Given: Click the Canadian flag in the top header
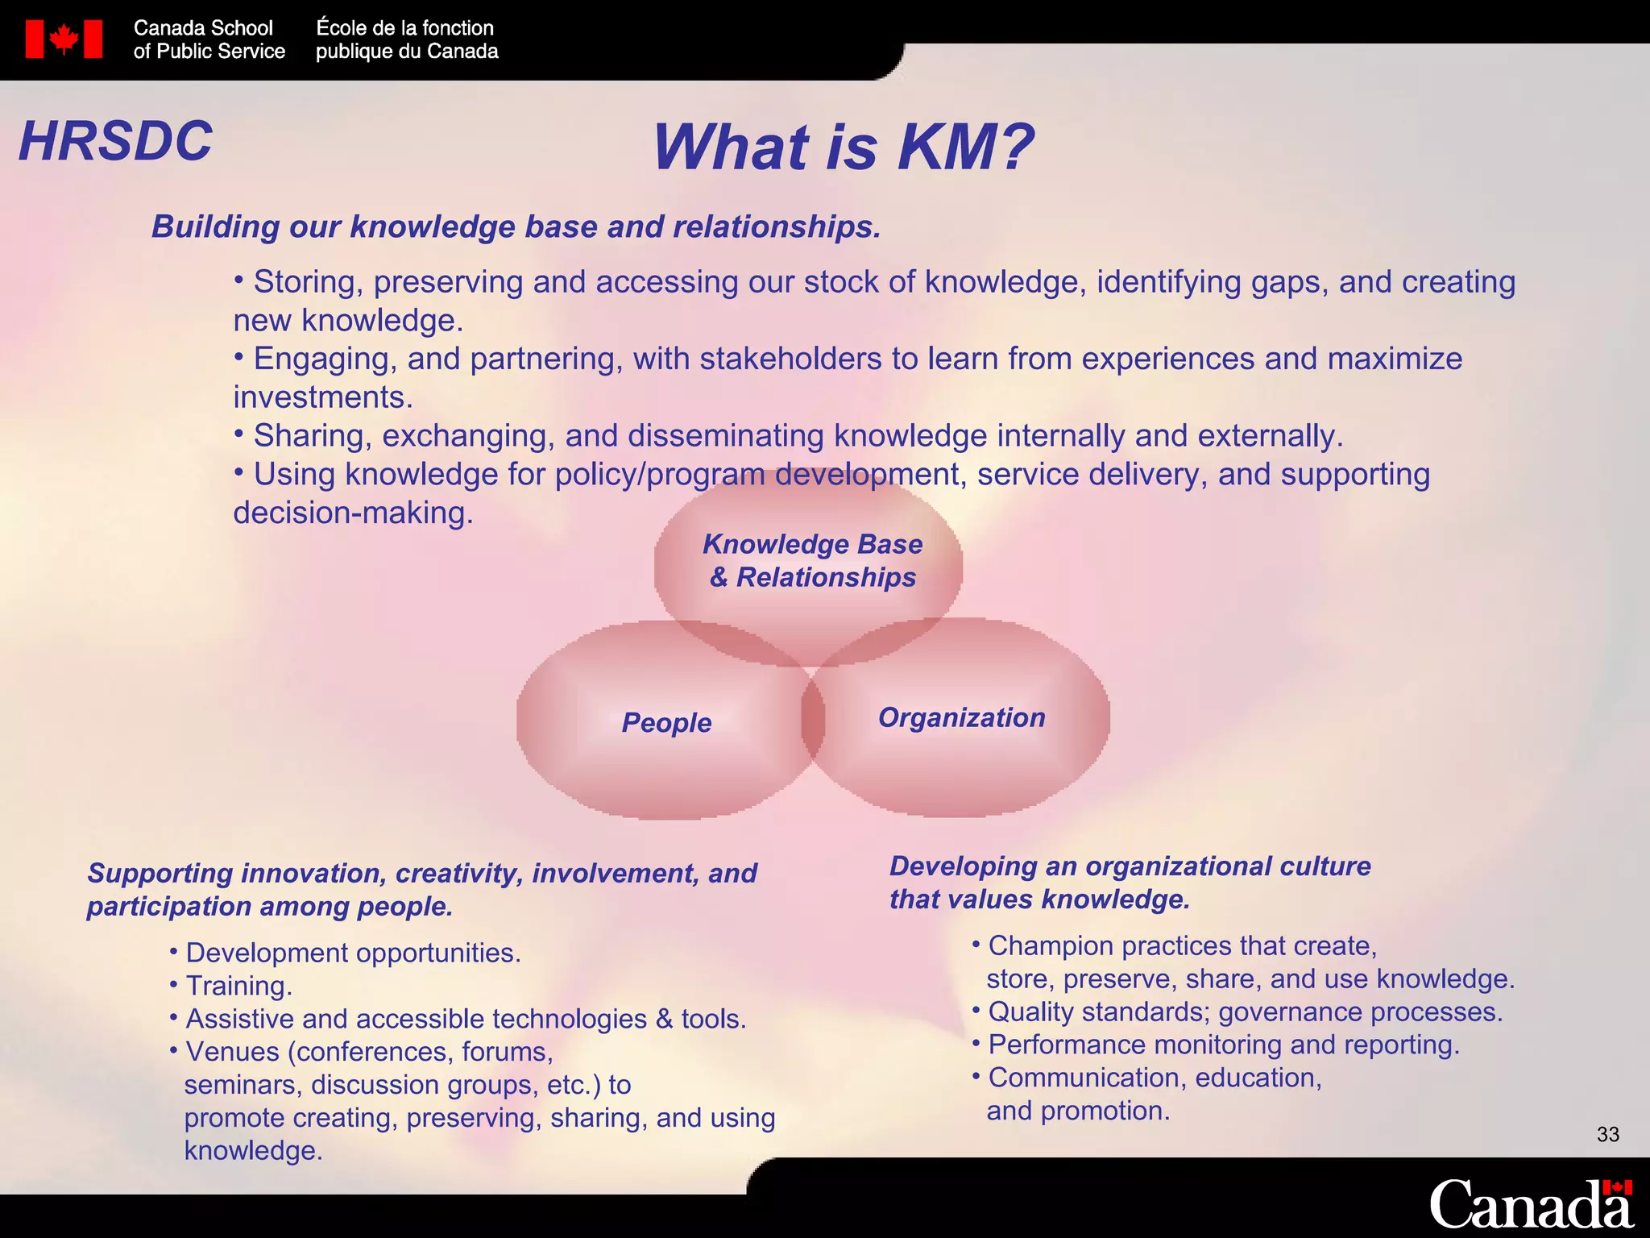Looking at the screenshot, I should pyautogui.click(x=64, y=39).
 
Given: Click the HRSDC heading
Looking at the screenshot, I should pyautogui.click(x=116, y=141).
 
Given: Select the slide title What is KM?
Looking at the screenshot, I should pyautogui.click(x=843, y=147).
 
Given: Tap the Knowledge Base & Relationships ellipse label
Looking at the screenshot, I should pyautogui.click(x=812, y=560).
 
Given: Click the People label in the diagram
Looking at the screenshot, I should pyautogui.click(x=666, y=722).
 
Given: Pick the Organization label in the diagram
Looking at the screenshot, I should pyautogui.click(x=961, y=717).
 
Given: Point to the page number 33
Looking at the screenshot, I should pyautogui.click(x=1607, y=1135).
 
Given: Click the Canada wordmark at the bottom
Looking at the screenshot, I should pyautogui.click(x=1530, y=1205).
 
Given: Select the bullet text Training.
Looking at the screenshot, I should pyautogui.click(x=238, y=986).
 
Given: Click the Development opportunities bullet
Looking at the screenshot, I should pyautogui.click(x=353, y=953).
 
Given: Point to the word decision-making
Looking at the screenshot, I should pyautogui.click(x=352, y=513).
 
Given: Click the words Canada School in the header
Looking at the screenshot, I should pyautogui.click(x=203, y=28).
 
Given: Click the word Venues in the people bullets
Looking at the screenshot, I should pyautogui.click(x=232, y=1052).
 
